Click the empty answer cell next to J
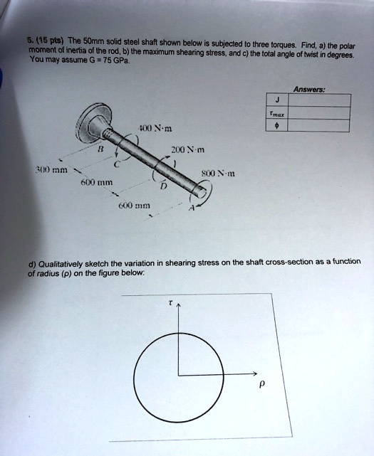319,101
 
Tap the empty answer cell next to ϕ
319,126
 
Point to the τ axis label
170,302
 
